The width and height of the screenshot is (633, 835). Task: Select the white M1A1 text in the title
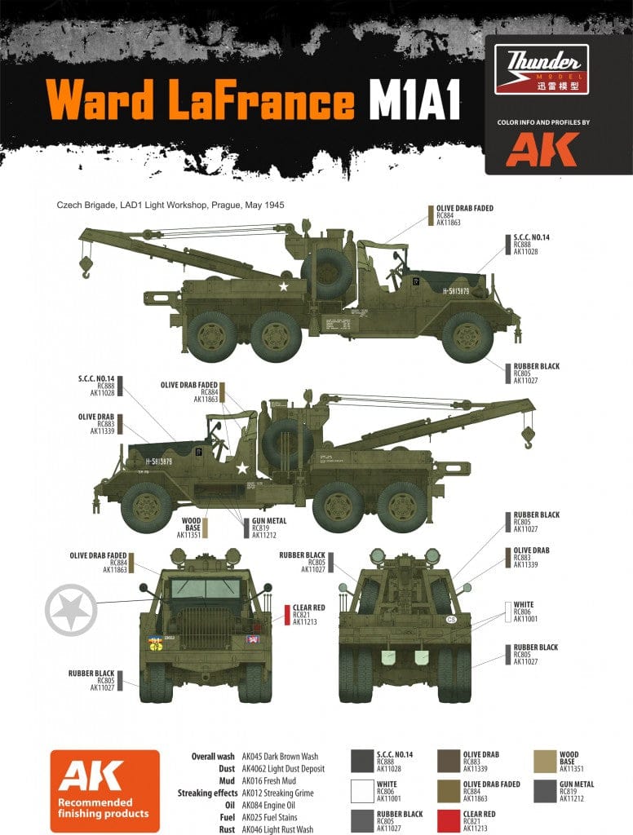[414, 102]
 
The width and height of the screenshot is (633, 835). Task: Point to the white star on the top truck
[284, 286]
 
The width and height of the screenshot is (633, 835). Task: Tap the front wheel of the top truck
[467, 335]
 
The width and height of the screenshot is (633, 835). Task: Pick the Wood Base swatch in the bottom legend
[544, 762]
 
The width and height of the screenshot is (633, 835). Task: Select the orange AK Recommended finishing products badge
[104, 789]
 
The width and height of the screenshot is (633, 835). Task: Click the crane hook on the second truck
[528, 437]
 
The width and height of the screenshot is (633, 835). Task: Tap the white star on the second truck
[241, 468]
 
